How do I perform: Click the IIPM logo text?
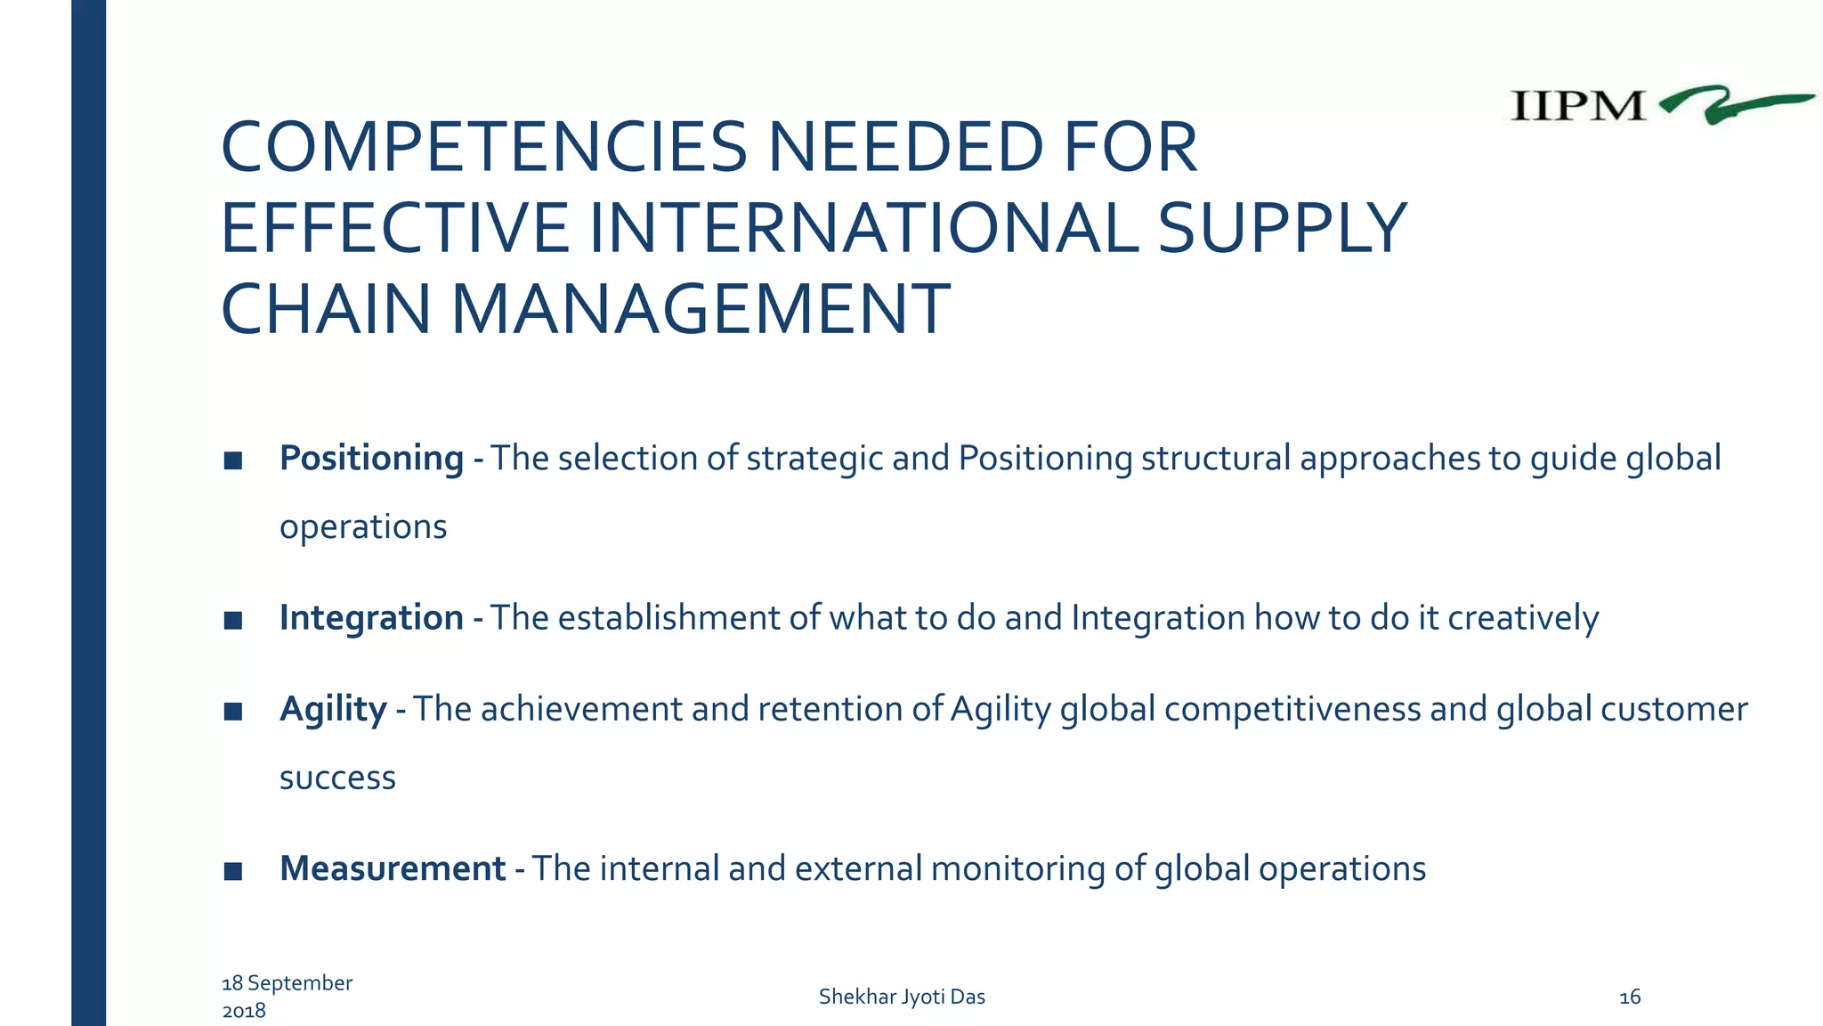click(x=1576, y=106)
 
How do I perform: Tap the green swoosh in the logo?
click(x=1731, y=104)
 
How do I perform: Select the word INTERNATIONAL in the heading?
click(x=863, y=228)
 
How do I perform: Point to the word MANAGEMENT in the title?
click(x=701, y=309)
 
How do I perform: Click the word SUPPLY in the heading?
click(x=1282, y=228)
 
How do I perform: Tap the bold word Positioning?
click(x=371, y=458)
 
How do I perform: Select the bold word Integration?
click(x=371, y=617)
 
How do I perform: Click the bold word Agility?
click(x=333, y=709)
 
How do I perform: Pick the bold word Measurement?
click(x=393, y=868)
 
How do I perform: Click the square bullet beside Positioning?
click(x=233, y=460)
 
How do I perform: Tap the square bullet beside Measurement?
click(x=233, y=871)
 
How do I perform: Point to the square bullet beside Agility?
click(x=233, y=712)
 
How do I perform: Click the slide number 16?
click(x=1630, y=997)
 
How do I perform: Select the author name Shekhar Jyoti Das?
click(x=902, y=997)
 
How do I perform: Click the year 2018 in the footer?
click(x=244, y=1011)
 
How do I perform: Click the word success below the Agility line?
click(x=337, y=778)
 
